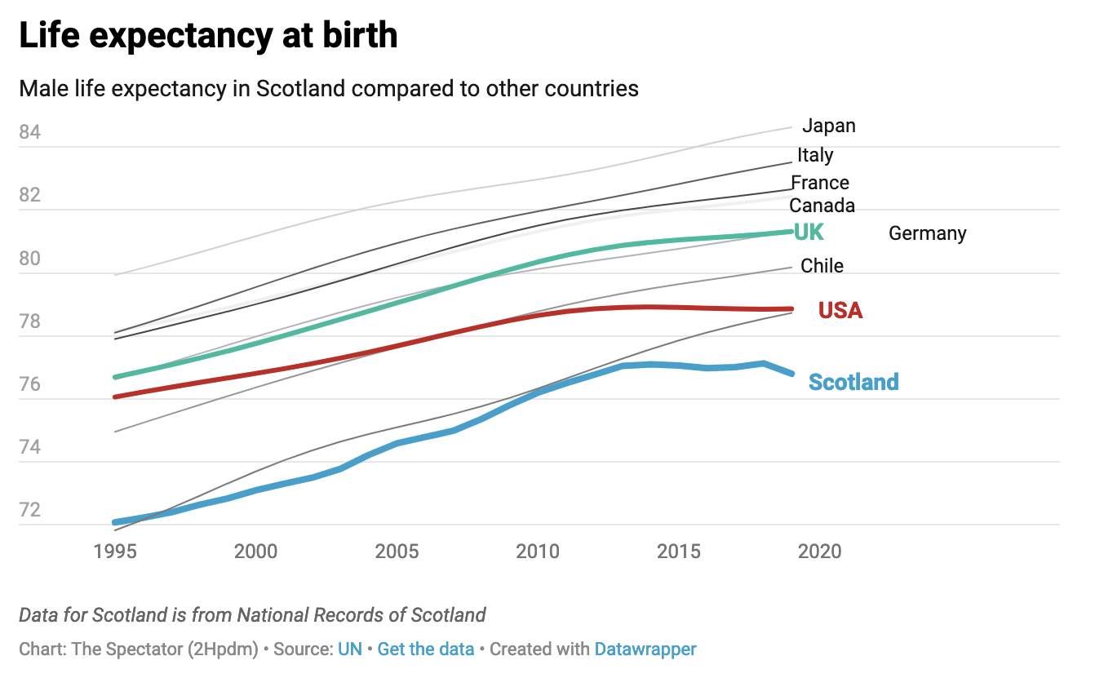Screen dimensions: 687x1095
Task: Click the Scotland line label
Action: click(x=853, y=382)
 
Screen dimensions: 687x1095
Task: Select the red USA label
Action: click(x=840, y=310)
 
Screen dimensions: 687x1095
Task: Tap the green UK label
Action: click(x=809, y=233)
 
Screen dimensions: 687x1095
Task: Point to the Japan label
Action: click(x=828, y=126)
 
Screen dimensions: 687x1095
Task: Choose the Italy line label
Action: click(x=815, y=155)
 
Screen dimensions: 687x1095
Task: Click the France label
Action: click(x=820, y=183)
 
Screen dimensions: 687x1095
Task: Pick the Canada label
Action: click(x=822, y=205)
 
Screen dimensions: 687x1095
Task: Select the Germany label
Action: click(x=927, y=233)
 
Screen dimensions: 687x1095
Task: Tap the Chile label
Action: click(x=822, y=265)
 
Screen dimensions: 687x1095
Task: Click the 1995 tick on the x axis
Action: click(x=115, y=552)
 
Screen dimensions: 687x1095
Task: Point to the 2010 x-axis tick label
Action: click(x=539, y=552)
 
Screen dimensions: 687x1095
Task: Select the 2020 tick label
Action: click(x=820, y=552)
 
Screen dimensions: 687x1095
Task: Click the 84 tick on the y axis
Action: click(x=30, y=132)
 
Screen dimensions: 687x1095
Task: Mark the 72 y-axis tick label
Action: click(x=30, y=510)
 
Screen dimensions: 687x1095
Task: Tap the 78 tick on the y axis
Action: click(x=30, y=321)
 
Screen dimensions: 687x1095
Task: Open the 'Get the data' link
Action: click(x=426, y=649)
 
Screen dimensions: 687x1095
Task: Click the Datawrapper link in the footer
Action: click(x=645, y=649)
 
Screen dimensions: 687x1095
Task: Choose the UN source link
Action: click(x=350, y=649)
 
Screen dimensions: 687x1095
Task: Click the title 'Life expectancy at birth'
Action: click(x=208, y=36)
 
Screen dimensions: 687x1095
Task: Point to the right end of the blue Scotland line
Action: click(x=791, y=373)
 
